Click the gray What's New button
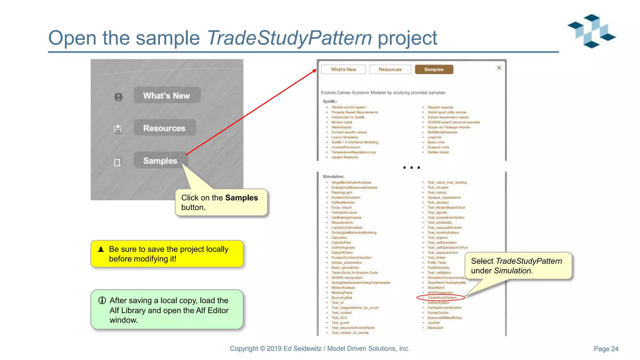coord(167,95)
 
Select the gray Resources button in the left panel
coord(165,128)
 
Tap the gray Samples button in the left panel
coord(160,161)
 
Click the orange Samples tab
coord(434,69)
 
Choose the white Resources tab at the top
coord(390,69)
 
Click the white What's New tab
coord(343,69)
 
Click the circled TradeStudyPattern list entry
coord(442,298)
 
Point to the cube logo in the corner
coord(592,31)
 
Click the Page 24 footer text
coord(606,349)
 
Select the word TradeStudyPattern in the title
coord(289,38)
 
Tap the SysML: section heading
coord(330,101)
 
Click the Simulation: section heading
coord(333,177)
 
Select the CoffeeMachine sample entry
coord(343,202)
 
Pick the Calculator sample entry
coord(339,237)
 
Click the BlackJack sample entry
coord(435,328)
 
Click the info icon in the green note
coord(102,300)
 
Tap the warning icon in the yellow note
coord(101,249)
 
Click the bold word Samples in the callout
coord(241,198)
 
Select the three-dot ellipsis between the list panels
coord(411,167)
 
